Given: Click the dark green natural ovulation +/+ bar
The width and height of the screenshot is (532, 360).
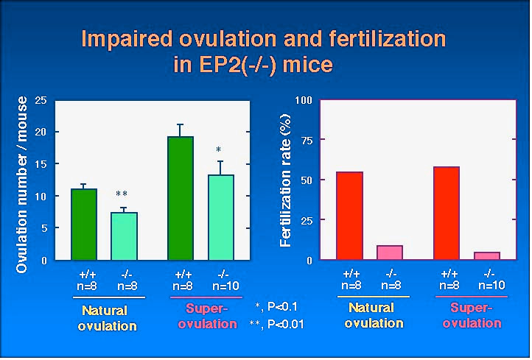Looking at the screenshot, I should (x=83, y=225).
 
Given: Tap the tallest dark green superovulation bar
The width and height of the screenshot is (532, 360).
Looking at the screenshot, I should (x=181, y=198).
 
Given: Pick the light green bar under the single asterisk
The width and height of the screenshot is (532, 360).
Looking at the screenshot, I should (x=220, y=217).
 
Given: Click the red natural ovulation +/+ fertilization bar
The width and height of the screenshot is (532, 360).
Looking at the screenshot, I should (x=349, y=216).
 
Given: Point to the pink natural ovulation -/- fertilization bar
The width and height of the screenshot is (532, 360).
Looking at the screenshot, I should (x=389, y=253).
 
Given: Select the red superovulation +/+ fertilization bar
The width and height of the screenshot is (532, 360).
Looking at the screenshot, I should (x=447, y=213).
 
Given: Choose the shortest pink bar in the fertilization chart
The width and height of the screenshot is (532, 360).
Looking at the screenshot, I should (x=487, y=256).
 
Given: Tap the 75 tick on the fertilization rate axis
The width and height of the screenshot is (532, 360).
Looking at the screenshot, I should (x=305, y=141).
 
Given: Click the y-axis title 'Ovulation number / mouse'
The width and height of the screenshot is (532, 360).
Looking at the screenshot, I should (x=22, y=184).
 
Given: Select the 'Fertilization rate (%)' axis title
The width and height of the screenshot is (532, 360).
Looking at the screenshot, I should (x=287, y=180).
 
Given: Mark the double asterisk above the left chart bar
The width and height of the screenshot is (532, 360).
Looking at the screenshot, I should (x=122, y=194).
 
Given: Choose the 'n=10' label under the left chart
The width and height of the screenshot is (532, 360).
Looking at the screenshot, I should (x=226, y=286).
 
